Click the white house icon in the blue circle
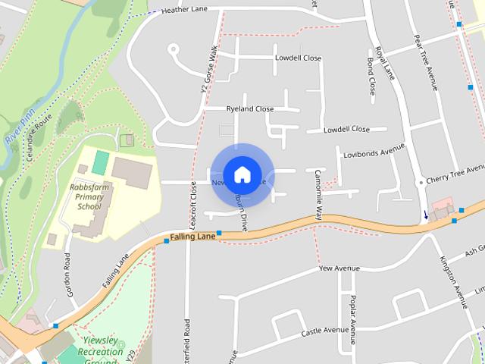(242, 174)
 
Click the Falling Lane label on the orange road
(192, 237)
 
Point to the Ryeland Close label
(250, 109)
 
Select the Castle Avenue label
(324, 331)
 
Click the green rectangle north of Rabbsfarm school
(101, 161)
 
